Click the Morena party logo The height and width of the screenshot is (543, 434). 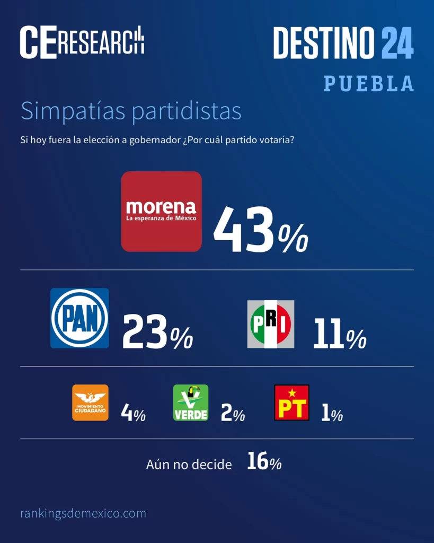click(x=161, y=211)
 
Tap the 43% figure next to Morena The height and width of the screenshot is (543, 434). click(x=260, y=230)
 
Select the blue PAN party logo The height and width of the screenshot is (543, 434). click(x=79, y=318)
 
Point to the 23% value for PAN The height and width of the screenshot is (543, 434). click(x=157, y=332)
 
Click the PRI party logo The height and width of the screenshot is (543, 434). click(x=270, y=324)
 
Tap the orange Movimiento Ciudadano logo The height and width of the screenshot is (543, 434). click(x=90, y=402)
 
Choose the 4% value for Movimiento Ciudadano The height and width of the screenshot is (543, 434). click(x=133, y=413)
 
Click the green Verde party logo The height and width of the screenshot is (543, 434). click(x=191, y=402)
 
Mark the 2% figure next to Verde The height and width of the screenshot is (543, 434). click(x=233, y=413)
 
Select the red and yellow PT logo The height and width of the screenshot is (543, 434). click(x=291, y=402)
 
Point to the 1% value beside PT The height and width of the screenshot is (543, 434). click(x=332, y=413)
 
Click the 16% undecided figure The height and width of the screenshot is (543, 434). click(x=264, y=462)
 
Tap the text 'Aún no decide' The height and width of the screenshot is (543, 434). click(x=189, y=465)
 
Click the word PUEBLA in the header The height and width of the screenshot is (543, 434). click(x=368, y=83)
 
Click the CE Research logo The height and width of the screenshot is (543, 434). click(x=82, y=42)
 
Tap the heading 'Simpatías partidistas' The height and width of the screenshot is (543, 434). click(x=131, y=111)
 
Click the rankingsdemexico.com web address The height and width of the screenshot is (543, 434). click(x=83, y=513)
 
